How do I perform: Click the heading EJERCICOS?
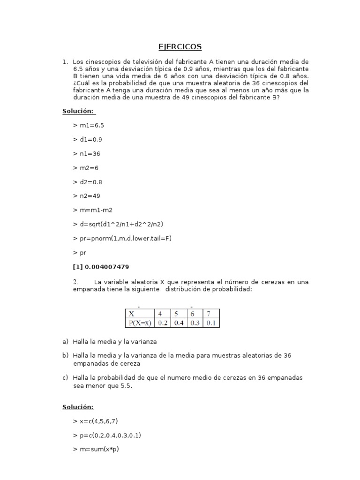coord(180,46)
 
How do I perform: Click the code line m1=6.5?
coord(89,125)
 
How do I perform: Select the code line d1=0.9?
coord(88,139)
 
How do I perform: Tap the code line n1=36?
coord(87,153)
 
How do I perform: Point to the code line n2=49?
coord(87,196)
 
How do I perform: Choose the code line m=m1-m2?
coord(93,210)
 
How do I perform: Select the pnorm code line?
coord(122,238)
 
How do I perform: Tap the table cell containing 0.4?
coord(178,323)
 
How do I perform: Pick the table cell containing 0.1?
coord(211,323)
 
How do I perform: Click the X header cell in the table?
coord(139,314)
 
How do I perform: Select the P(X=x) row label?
coord(139,323)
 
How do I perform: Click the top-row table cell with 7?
coord(211,314)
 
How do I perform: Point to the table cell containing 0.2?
coord(162,323)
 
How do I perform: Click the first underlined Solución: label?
coord(79,111)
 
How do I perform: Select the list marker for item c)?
coord(65,377)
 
